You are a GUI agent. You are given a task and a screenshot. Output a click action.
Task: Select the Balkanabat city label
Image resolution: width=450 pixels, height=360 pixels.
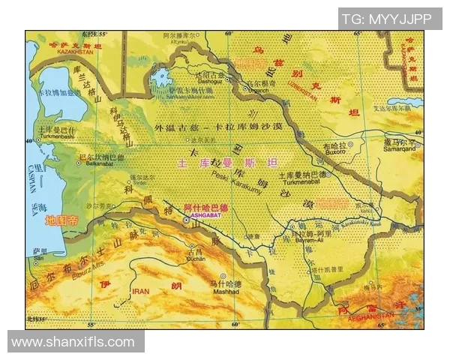click(x=98, y=164)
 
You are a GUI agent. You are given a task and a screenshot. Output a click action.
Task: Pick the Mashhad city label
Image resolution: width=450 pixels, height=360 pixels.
click(x=224, y=292)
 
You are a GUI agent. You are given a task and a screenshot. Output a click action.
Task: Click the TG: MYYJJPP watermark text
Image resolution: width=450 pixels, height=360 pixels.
click(x=389, y=19)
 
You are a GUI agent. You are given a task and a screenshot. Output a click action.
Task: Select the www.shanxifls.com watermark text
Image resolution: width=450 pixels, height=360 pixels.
click(x=73, y=342)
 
